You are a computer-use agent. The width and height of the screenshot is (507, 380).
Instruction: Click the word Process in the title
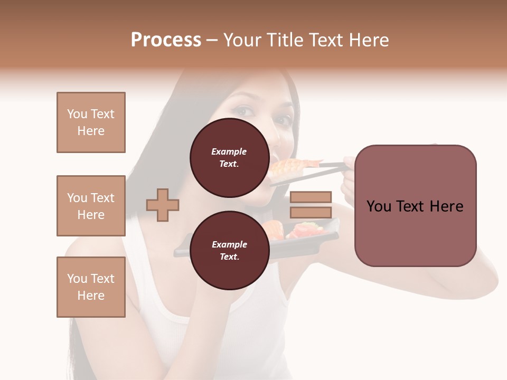(x=166, y=40)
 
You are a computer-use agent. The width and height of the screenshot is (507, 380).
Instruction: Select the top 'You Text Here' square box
(x=91, y=122)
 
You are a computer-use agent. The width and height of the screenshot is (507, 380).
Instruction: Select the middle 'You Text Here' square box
(x=91, y=206)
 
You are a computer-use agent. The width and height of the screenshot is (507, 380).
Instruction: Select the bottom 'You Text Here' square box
(x=91, y=287)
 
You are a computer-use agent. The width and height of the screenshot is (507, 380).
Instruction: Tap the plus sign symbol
(x=163, y=205)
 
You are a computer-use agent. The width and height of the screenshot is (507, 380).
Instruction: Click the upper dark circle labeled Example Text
(x=229, y=157)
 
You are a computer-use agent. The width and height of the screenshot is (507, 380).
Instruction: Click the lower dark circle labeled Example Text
(x=229, y=250)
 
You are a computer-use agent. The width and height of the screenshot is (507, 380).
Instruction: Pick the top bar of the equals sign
(x=311, y=197)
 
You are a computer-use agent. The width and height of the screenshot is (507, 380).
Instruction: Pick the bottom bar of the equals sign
(x=311, y=212)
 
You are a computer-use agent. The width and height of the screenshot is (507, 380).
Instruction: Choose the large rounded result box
(x=415, y=206)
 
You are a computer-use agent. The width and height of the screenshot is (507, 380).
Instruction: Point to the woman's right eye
(x=244, y=112)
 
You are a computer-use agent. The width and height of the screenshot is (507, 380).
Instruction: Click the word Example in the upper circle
(x=229, y=151)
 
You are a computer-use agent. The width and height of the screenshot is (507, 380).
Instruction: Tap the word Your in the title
(x=242, y=40)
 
